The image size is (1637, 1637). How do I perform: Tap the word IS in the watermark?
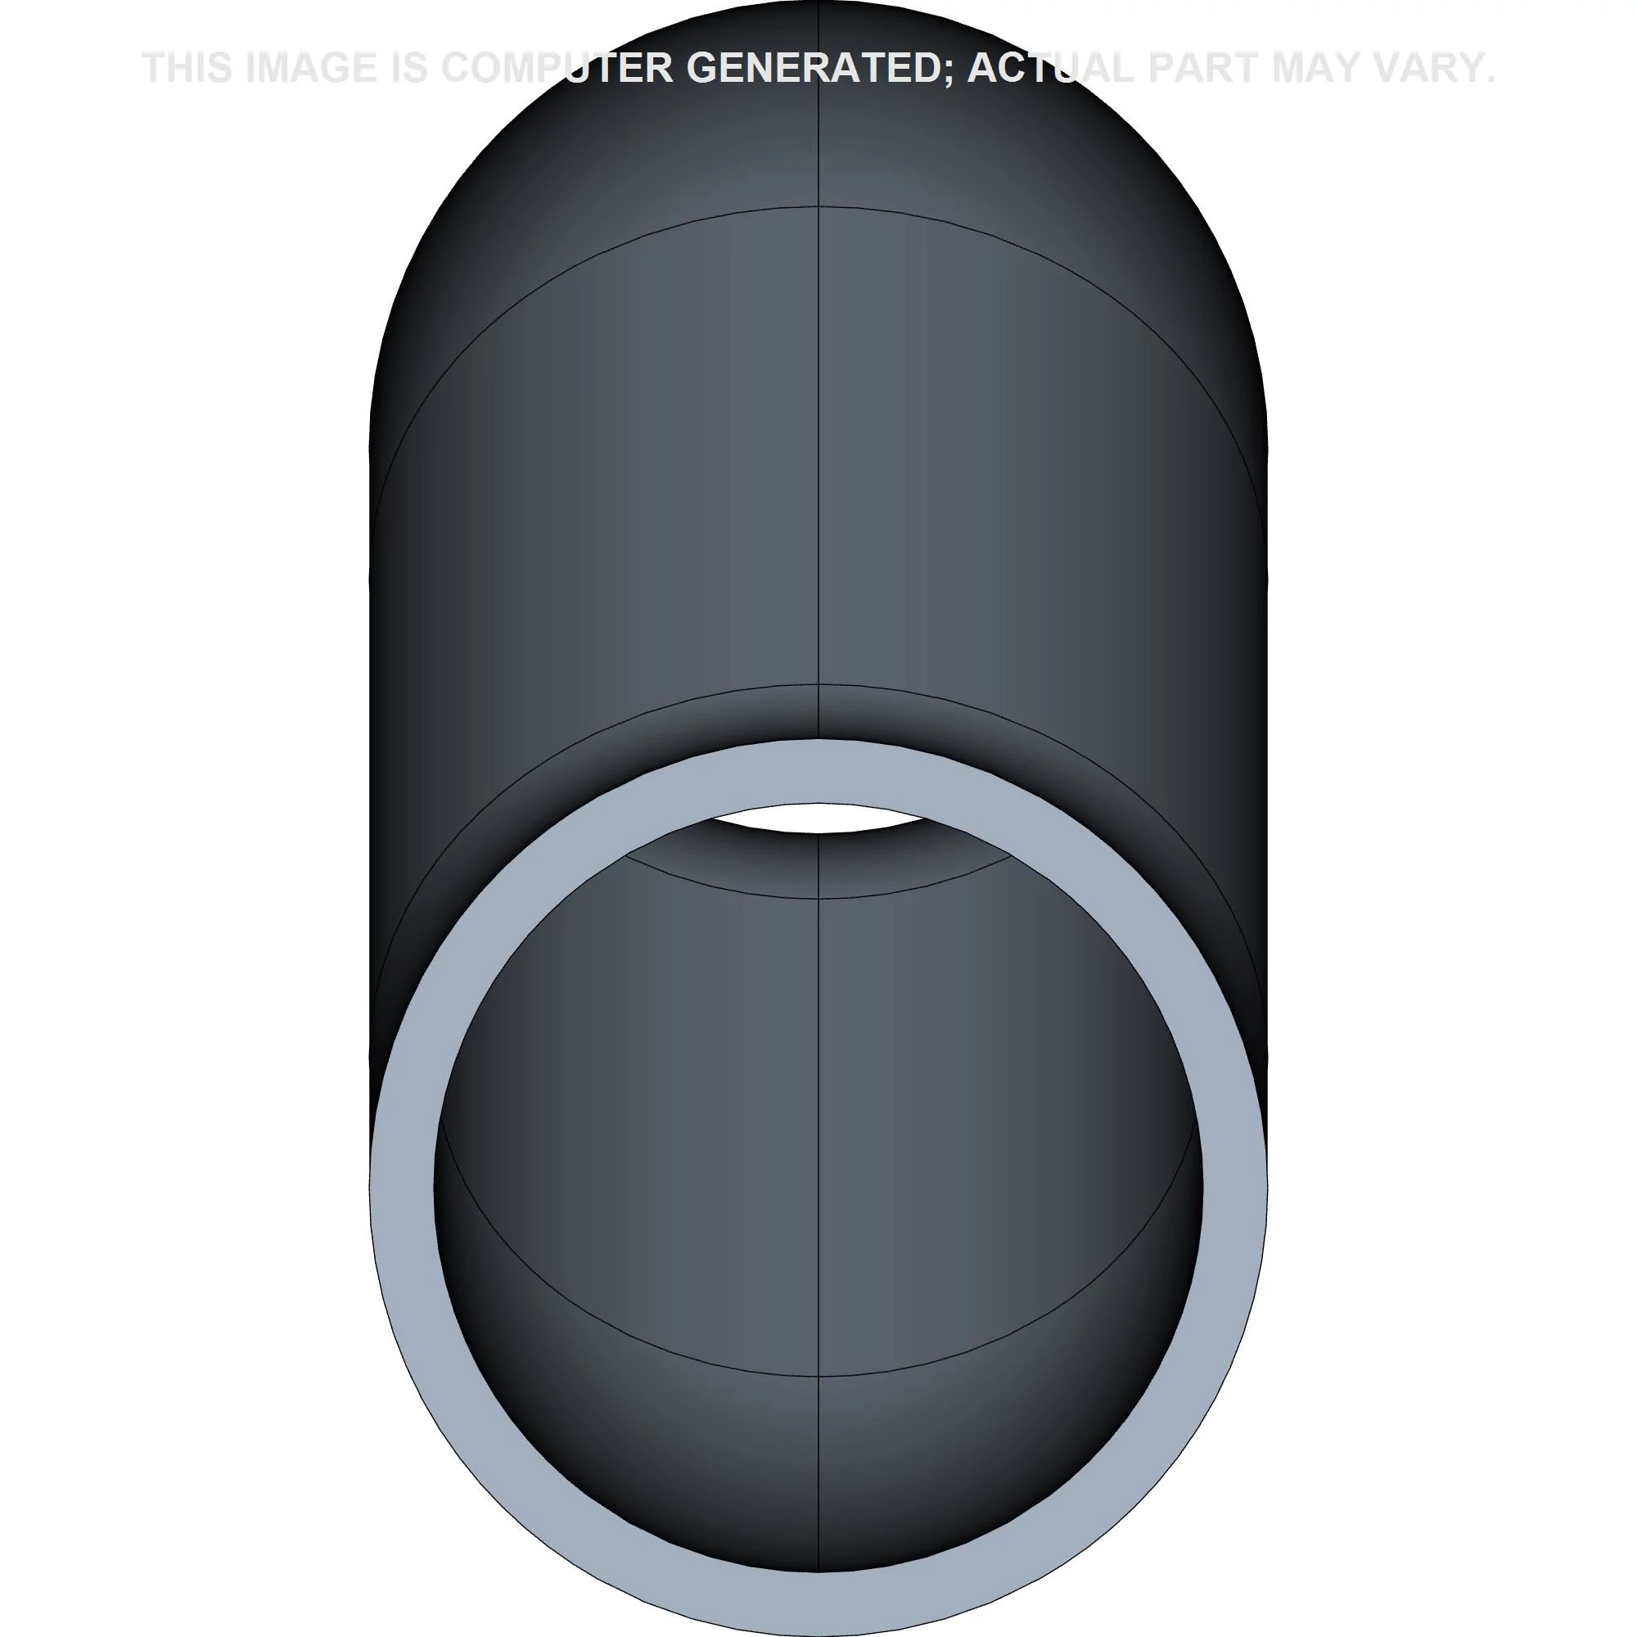coord(408,68)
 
